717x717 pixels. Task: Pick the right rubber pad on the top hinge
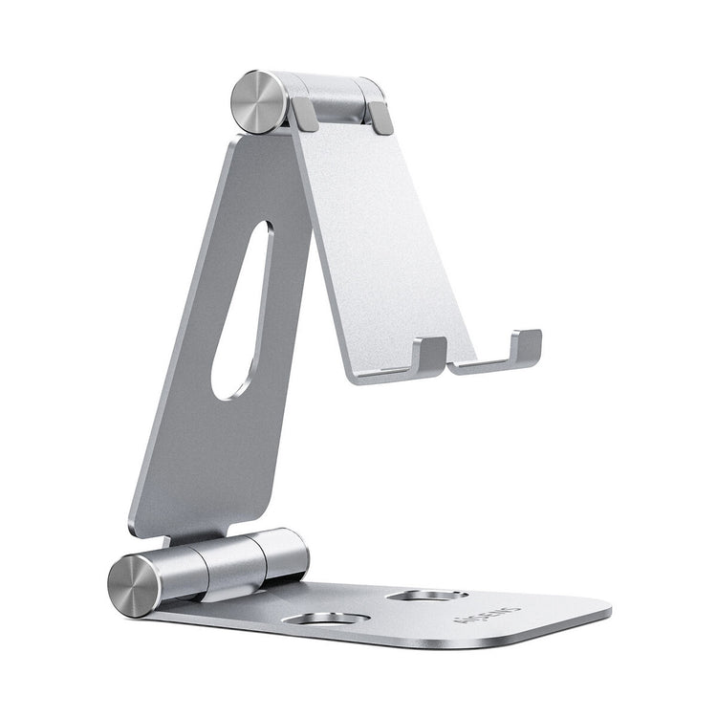tap(380, 118)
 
